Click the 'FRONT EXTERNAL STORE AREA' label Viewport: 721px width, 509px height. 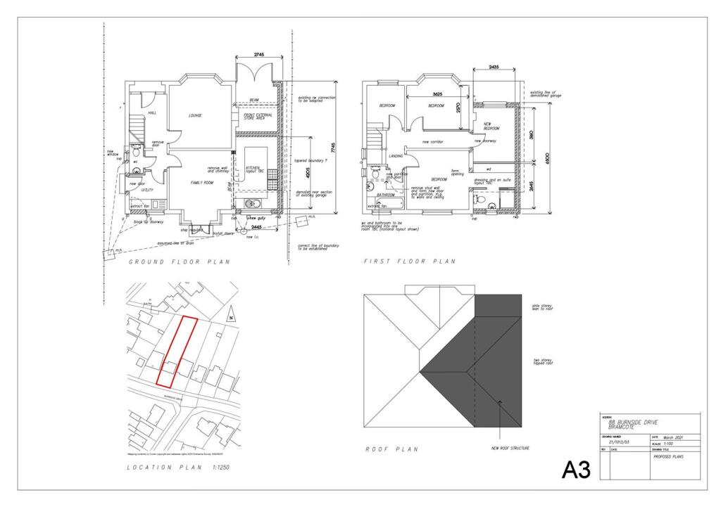255,117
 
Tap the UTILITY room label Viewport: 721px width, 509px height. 147,190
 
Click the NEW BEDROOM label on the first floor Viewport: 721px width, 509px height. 491,127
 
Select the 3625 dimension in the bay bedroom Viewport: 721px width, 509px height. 438,94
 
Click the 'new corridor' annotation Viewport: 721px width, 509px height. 435,141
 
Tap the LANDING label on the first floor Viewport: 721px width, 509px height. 396,156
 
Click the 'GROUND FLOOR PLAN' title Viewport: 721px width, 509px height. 180,262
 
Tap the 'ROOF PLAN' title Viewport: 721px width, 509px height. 393,449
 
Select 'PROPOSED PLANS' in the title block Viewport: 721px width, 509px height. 668,456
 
